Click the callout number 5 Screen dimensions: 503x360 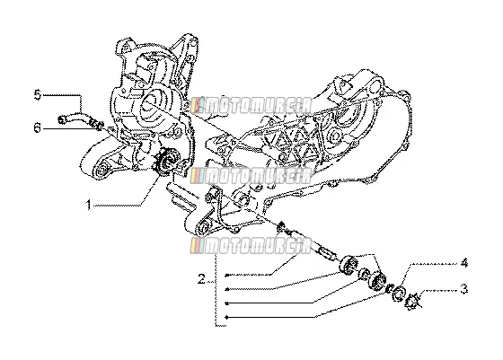tap(38, 95)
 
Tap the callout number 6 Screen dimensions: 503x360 tap(38, 128)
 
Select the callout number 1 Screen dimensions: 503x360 tap(89, 205)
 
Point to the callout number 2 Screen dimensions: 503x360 tap(201, 278)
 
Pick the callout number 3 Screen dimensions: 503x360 tap(463, 289)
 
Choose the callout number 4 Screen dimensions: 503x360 tap(463, 263)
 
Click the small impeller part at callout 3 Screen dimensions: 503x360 tap(412, 302)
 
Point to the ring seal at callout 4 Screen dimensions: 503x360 tap(399, 293)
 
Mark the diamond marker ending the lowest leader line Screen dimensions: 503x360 tap(226, 318)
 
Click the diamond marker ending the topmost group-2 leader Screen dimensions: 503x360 tap(226, 275)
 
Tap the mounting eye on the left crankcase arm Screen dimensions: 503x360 tap(101, 171)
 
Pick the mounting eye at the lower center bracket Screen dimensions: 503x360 tap(204, 228)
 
